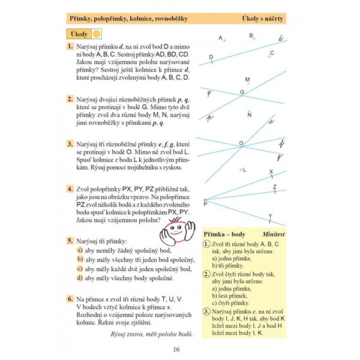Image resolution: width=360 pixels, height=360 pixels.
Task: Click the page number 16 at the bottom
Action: coord(176,350)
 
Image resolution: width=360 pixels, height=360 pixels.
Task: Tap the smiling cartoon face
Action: coord(176,232)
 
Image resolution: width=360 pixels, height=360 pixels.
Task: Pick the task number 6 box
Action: coord(70,298)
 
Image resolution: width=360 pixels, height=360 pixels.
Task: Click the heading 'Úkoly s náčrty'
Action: coord(259,19)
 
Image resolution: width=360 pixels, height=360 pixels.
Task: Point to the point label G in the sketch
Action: coord(242,92)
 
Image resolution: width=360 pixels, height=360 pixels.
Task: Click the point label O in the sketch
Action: coord(241,143)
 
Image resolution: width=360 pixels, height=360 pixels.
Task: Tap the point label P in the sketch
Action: coord(205,204)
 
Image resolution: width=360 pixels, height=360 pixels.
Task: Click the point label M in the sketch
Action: coord(247,80)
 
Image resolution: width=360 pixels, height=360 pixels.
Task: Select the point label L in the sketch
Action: coord(245,170)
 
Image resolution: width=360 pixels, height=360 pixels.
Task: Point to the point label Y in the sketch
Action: coord(270,215)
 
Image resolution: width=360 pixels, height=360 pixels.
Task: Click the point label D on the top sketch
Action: coord(211,57)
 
